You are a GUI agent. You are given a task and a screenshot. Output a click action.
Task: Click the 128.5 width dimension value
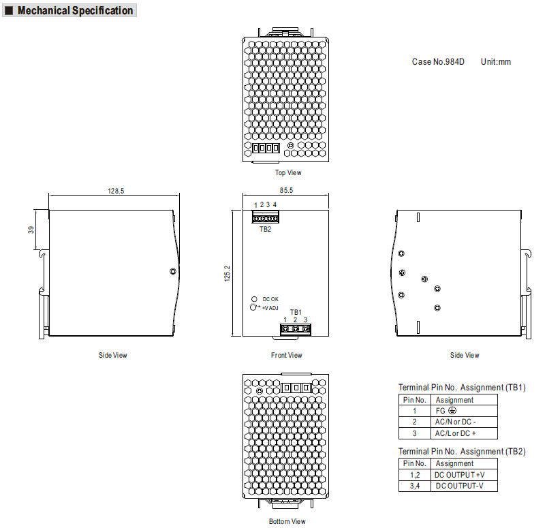(116, 191)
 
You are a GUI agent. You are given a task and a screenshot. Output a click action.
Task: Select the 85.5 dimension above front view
(286, 190)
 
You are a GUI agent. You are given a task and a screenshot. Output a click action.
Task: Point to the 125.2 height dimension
(227, 273)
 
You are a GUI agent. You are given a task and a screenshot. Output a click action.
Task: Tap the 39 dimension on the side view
(31, 230)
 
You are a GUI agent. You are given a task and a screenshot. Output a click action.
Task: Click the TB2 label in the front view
(265, 229)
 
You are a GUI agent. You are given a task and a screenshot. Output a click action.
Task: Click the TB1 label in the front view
(296, 312)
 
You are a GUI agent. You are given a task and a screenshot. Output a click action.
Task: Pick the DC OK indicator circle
(254, 299)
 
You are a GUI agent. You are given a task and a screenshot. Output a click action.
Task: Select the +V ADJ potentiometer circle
(253, 307)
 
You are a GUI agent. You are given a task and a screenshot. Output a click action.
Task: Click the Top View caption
(288, 172)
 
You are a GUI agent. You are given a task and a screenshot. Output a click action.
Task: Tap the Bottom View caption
(287, 521)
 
